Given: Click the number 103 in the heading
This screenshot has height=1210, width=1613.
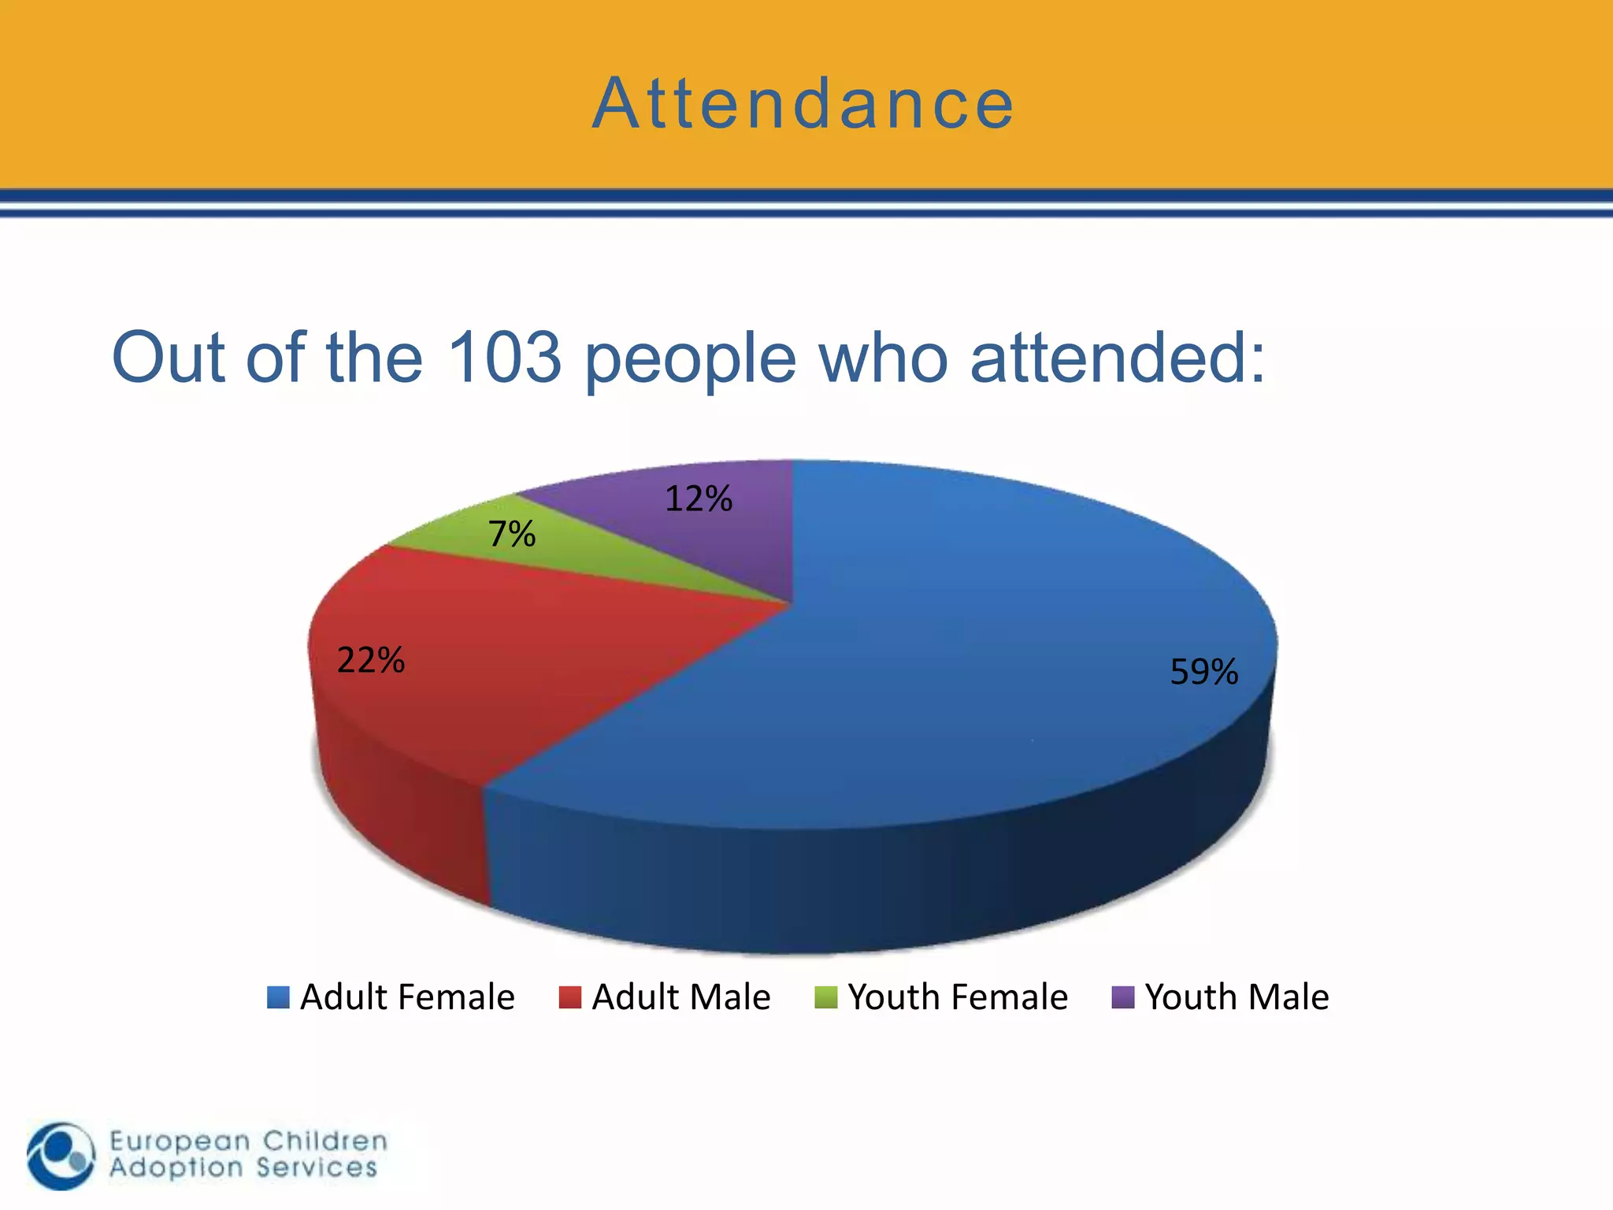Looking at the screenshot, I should (504, 357).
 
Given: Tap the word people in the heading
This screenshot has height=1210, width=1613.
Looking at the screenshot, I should (690, 359).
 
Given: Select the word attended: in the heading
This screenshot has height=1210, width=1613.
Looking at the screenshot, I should (1118, 357).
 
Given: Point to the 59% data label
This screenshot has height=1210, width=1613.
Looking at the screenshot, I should (1203, 672).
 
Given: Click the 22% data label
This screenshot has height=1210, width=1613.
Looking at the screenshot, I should (370, 660).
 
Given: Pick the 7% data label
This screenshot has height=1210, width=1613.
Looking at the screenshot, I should (512, 534).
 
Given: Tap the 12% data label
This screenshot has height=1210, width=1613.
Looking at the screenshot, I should (699, 499).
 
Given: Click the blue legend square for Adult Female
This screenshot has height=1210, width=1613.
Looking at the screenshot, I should (278, 997).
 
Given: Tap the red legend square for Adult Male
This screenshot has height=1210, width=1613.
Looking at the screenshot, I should (569, 997).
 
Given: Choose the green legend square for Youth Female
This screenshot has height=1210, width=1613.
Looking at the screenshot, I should (825, 997).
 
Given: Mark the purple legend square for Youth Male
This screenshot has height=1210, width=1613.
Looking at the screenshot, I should (1122, 997).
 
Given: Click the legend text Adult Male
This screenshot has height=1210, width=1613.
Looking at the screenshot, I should (680, 997).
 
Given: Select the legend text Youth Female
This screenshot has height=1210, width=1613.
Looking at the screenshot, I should (958, 997).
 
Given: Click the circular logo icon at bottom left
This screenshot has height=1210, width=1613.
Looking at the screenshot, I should (61, 1156).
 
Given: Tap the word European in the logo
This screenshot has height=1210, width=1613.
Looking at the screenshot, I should (180, 1141).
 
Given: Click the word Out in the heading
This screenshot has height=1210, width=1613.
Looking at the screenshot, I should (169, 357).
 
